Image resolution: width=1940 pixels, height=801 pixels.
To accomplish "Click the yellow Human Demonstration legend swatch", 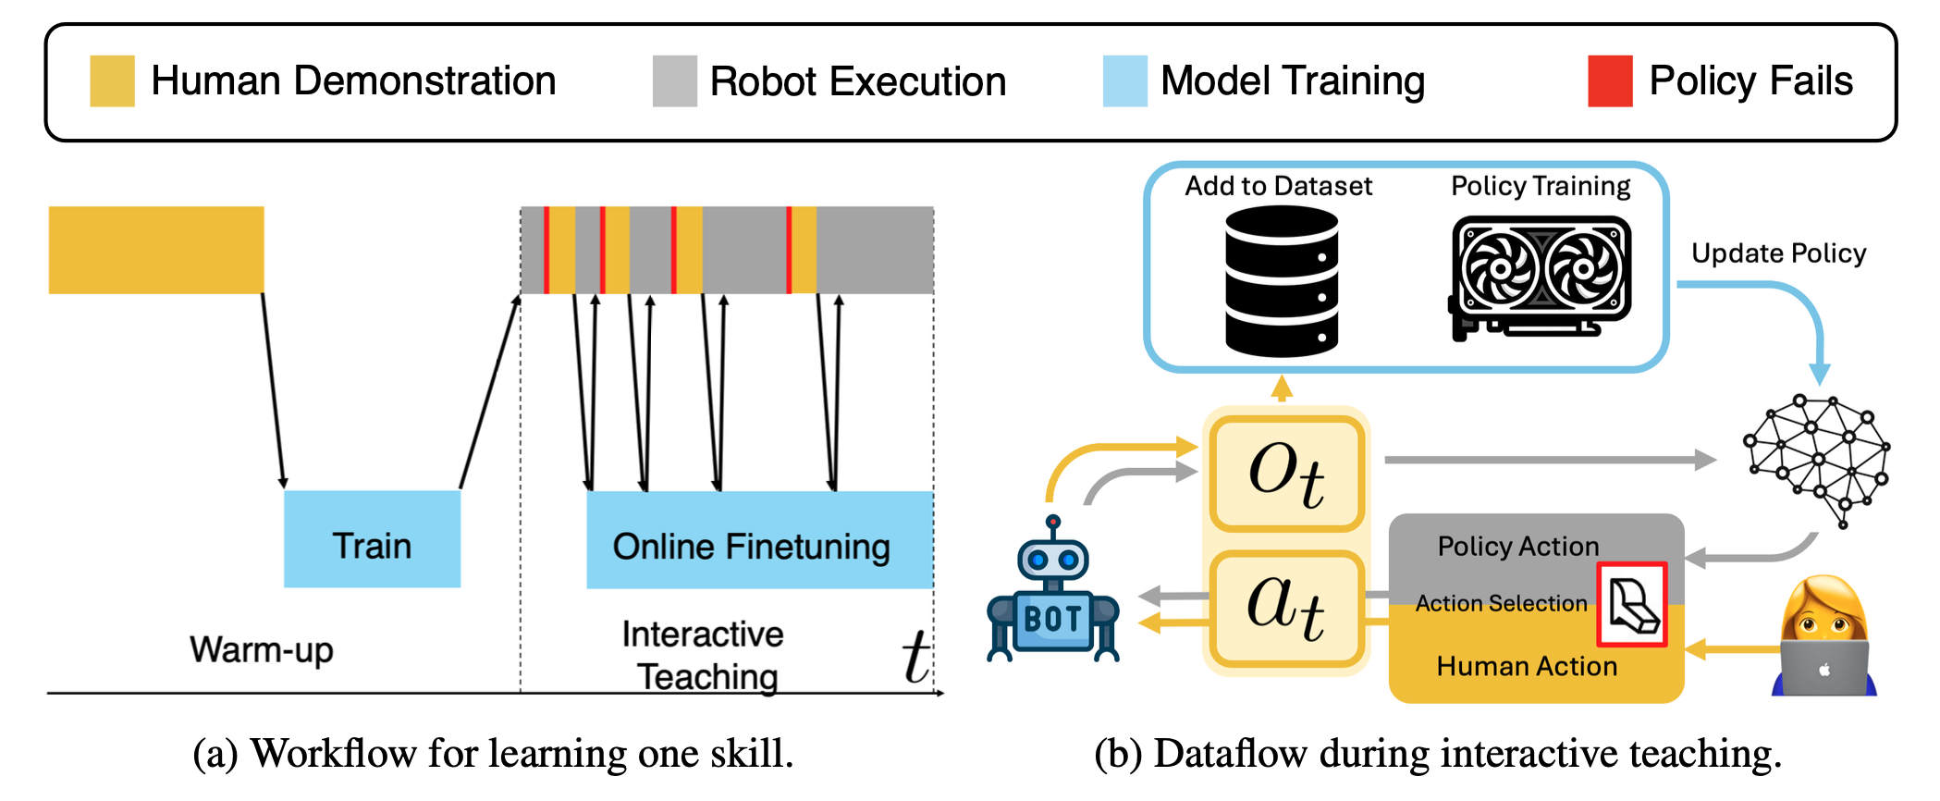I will tap(112, 81).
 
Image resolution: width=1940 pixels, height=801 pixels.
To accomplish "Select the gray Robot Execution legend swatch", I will tap(674, 81).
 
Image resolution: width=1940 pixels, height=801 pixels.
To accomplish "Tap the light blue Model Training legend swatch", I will tap(1124, 81).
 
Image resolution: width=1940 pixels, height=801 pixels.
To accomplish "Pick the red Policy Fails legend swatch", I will tap(1610, 81).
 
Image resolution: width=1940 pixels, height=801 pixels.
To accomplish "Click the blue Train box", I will tap(372, 539).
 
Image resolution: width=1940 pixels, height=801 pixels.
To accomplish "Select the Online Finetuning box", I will tap(759, 540).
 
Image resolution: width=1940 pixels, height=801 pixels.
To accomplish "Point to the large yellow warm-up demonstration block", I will tap(156, 250).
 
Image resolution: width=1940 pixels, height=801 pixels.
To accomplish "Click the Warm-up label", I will tap(262, 649).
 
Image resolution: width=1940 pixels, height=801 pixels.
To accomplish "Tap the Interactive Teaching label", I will tap(705, 655).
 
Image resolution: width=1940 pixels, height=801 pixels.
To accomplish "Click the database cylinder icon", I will tap(1281, 280).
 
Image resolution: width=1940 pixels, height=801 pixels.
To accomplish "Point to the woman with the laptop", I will tap(1823, 638).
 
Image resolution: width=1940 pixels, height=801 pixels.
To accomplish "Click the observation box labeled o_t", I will tap(1286, 474).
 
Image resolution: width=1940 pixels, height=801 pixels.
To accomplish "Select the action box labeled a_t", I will tap(1286, 608).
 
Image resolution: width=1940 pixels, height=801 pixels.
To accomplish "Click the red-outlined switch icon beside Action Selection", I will tap(1631, 604).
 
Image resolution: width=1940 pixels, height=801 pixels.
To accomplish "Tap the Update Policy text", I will tap(1778, 253).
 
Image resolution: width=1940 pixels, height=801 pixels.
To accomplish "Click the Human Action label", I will tap(1527, 666).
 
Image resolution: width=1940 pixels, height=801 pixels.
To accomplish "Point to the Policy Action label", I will tap(1517, 547).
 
